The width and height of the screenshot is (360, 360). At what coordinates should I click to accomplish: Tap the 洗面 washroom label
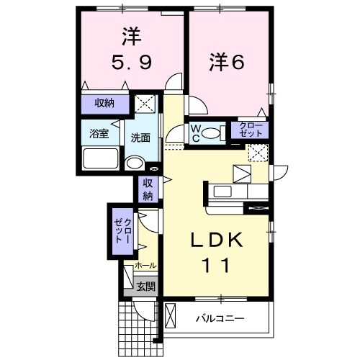click(x=140, y=138)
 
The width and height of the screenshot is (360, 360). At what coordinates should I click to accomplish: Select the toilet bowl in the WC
click(x=210, y=133)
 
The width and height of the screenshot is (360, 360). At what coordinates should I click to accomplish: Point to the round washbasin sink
click(x=134, y=163)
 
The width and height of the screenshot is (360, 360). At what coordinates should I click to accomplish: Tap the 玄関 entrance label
click(x=145, y=286)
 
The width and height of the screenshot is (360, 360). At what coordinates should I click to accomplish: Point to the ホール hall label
click(x=145, y=266)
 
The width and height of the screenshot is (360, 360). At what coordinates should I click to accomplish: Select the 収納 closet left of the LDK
click(x=148, y=189)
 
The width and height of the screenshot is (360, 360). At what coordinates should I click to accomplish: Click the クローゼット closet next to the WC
click(x=252, y=130)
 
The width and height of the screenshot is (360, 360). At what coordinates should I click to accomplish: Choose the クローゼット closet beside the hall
click(x=122, y=229)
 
